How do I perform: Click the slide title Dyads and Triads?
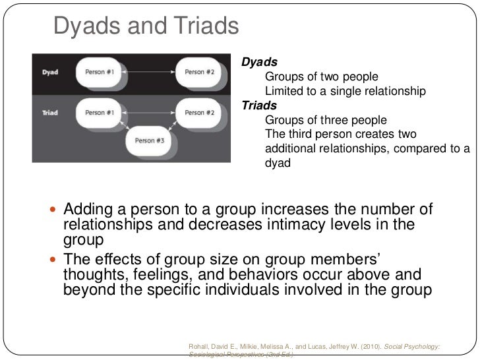point(145,26)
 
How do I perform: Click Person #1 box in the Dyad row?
point(100,72)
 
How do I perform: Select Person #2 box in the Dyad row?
point(199,72)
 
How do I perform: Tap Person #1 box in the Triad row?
point(100,113)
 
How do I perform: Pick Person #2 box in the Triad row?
point(199,113)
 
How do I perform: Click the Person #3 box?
point(150,140)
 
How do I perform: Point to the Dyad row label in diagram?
point(50,73)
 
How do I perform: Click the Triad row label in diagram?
point(50,113)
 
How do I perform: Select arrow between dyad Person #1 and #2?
point(150,72)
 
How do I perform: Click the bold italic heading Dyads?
point(259,62)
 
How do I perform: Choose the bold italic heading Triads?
point(260,105)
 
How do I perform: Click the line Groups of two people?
point(317,76)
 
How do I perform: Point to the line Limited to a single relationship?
point(345,91)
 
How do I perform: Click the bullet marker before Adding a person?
point(54,211)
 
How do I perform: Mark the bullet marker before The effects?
point(54,258)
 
